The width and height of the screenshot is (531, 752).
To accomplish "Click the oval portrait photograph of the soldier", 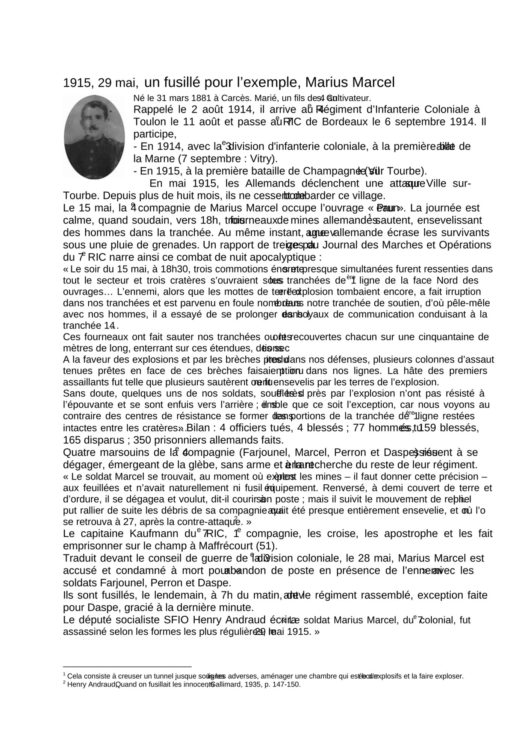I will [x=94, y=137].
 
